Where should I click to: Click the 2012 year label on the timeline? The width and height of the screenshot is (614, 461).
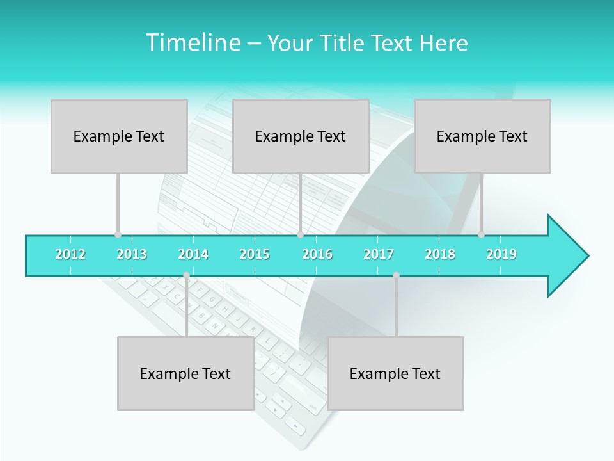70,255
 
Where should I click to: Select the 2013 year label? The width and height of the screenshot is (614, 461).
132,255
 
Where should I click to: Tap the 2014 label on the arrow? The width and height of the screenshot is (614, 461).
193,255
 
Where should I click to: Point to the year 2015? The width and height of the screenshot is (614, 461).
255,255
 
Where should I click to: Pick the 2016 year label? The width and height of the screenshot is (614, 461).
317,255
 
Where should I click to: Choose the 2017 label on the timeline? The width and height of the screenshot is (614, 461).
379,255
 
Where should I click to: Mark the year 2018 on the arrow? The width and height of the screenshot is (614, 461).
440,255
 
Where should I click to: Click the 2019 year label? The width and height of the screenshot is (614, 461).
501,255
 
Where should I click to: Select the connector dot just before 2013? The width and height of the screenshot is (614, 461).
118,234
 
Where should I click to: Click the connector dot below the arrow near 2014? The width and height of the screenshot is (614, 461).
186,275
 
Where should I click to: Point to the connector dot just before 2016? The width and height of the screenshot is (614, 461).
300,234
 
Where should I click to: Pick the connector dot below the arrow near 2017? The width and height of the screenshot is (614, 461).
396,275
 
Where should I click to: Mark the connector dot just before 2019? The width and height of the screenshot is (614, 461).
481,234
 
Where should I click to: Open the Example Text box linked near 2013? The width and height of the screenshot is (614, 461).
119,136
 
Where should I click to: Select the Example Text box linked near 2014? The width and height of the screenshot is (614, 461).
185,373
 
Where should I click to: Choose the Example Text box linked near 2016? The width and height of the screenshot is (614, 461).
301,136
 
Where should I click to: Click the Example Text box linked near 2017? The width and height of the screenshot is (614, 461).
395,373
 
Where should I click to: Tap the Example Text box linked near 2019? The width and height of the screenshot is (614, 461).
482,136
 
